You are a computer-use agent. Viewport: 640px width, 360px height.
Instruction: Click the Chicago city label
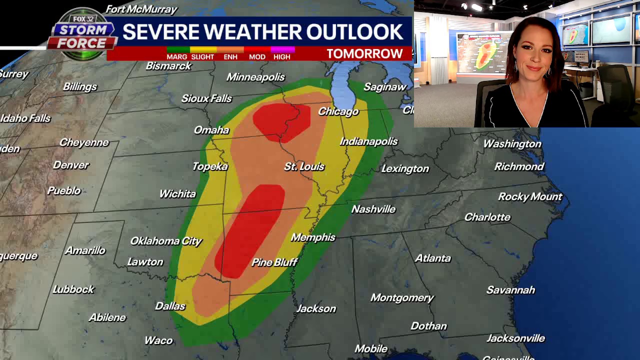[x=338, y=111]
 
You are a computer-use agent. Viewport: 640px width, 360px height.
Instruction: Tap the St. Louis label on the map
[x=304, y=166]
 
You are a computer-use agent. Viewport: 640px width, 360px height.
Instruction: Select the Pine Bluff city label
[x=274, y=262]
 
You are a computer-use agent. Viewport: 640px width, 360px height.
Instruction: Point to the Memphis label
[x=313, y=237]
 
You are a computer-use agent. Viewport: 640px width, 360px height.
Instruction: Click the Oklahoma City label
[x=166, y=241]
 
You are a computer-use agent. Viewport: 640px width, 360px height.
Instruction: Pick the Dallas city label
[x=170, y=306]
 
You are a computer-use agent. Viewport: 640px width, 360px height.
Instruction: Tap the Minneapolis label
[x=255, y=77]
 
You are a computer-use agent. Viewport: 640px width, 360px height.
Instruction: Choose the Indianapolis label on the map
[x=368, y=141]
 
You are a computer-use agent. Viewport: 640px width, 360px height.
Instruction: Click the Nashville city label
[x=373, y=209]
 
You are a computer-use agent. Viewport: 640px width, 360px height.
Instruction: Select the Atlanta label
[x=433, y=258]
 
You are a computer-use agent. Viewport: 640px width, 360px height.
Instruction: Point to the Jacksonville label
[x=515, y=338]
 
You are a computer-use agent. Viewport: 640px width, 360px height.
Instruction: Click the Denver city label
[x=70, y=165]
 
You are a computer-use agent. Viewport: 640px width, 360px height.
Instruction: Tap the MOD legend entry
[x=257, y=56]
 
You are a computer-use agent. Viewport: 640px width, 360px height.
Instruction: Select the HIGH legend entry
[x=282, y=56]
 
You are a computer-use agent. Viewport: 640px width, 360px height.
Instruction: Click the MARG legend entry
[x=177, y=56]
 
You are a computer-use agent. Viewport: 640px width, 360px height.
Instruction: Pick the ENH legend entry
[x=230, y=56]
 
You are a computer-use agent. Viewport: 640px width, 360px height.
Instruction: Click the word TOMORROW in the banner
[x=364, y=53]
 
